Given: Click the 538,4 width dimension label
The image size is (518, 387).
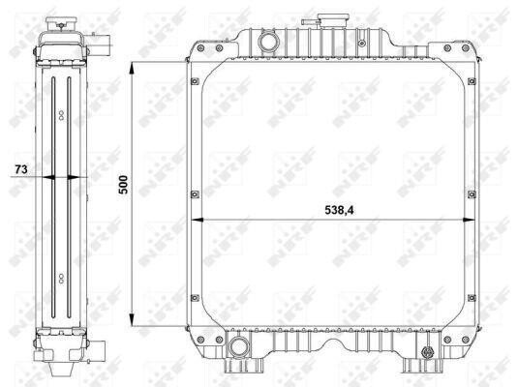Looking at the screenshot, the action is click(339, 210).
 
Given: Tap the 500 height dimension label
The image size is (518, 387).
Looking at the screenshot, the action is click(123, 185).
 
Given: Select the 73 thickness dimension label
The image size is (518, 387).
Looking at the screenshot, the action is click(21, 169).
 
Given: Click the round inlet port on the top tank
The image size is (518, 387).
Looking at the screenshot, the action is click(268, 43).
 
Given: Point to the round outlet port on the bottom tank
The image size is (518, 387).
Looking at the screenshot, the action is click(238, 347).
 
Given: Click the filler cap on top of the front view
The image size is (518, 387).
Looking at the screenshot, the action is click(332, 20).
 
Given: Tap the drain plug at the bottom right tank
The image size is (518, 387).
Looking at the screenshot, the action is click(427, 353).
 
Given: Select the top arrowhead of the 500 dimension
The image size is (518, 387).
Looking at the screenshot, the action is click(132, 70).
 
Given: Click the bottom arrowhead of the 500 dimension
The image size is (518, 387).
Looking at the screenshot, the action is click(132, 319).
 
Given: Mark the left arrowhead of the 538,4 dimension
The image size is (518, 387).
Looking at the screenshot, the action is click(198, 220).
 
